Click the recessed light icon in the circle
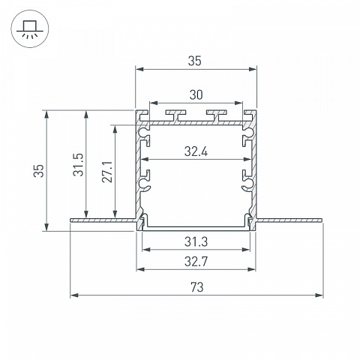tap(30, 28)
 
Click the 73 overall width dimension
tap(197, 287)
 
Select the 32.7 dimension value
tap(196, 262)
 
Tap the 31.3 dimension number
tap(196, 241)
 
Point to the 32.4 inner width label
tap(196, 151)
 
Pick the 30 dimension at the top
tap(196, 95)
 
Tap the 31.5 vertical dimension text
tap(78, 165)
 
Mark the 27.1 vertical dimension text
tap(107, 172)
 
